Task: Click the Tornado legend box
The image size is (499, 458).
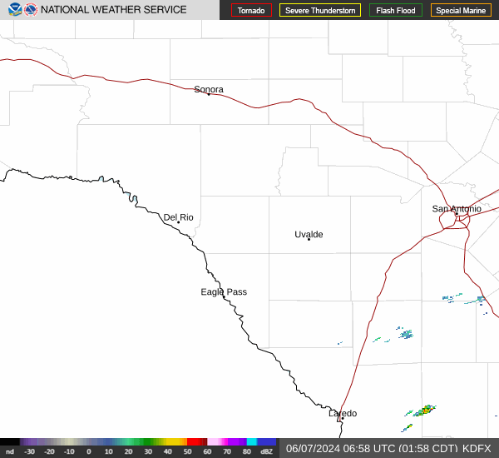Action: pos(251,10)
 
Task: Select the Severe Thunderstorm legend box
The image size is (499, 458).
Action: pos(320,10)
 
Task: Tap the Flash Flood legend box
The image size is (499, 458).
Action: pos(396,10)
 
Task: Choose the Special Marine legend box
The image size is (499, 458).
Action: pos(461,10)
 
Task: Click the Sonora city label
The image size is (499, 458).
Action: pos(209,89)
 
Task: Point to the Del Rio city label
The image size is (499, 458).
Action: pos(178,217)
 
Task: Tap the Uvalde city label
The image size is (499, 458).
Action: pos(309,234)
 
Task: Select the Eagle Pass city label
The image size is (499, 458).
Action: pos(224,291)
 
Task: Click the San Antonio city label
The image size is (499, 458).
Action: pos(456,208)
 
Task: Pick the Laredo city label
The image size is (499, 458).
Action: pos(342,413)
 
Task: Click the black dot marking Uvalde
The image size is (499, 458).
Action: pos(309,240)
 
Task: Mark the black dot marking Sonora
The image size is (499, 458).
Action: pos(209,95)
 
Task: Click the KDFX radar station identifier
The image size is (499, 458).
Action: pos(477,448)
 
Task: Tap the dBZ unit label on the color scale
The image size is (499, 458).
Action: pos(266,451)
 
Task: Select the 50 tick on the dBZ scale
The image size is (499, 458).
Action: pos(187,451)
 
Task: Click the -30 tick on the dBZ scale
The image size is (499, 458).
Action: pos(29,451)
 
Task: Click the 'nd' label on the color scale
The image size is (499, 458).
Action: pos(9,451)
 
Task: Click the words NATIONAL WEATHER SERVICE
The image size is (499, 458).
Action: pos(113,10)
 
